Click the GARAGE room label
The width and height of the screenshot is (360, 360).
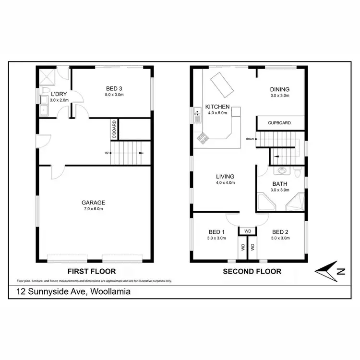tap(93, 203)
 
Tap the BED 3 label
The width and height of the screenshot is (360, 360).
tap(114, 88)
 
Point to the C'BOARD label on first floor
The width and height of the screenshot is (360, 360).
tap(114, 129)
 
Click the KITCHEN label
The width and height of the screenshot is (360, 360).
tap(217, 107)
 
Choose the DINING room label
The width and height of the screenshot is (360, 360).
tap(279, 89)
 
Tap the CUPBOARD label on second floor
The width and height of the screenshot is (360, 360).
tap(279, 123)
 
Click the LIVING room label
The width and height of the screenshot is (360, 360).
tap(225, 176)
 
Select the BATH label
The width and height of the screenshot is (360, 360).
tap(279, 184)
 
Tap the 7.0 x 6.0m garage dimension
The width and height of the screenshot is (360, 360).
tap(93, 209)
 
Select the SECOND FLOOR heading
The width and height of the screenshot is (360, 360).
tap(252, 271)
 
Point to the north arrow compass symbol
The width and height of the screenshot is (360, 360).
tap(330, 271)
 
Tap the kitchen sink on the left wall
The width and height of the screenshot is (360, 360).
tap(197, 115)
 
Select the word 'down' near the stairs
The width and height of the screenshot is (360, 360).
tap(250, 139)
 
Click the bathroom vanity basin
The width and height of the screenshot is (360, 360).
tap(281, 170)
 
